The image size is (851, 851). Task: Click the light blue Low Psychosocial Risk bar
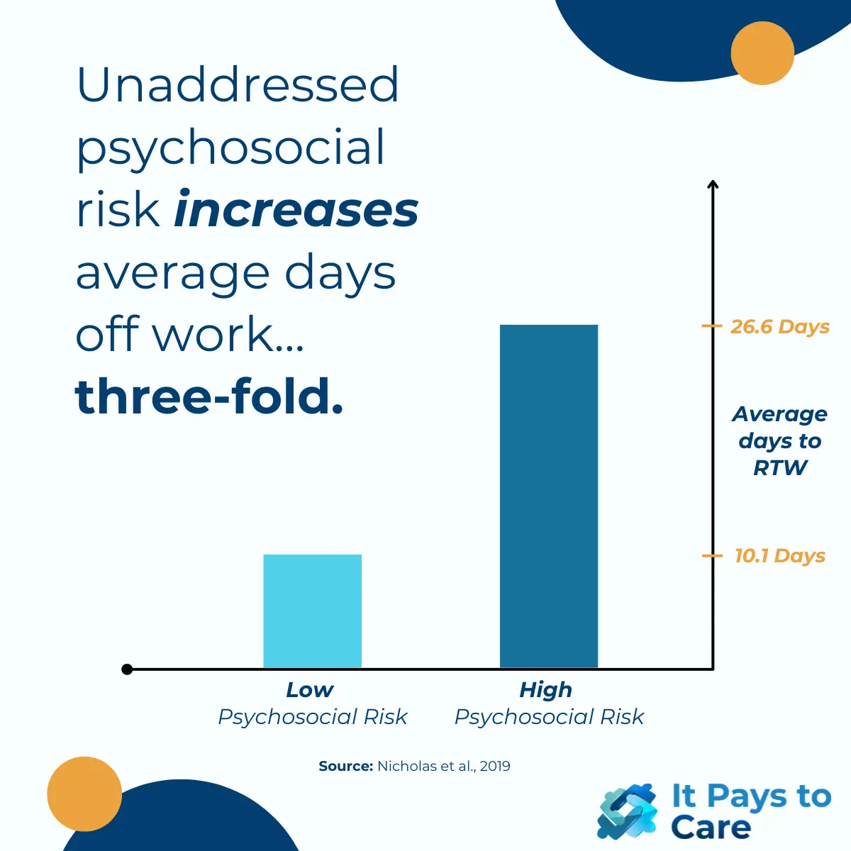pos(312,611)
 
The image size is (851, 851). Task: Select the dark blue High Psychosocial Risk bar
pos(549,496)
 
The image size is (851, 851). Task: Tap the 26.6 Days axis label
pos(779,327)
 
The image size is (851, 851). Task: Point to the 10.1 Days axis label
pos(779,556)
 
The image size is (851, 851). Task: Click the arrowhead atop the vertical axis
pos(713,185)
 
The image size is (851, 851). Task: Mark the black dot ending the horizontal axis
pos(127,669)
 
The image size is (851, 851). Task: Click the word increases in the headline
pos(296,210)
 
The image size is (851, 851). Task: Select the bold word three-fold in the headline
pos(208,396)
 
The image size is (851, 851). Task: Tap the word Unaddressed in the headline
pos(238,85)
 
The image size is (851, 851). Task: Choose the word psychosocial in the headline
pos(231,149)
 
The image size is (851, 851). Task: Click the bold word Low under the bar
pos(309,689)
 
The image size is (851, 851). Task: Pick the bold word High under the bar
pos(545,689)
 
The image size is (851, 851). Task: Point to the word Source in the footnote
pos(345,766)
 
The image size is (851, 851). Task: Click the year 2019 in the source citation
pos(494,766)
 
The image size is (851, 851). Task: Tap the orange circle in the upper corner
pos(762,53)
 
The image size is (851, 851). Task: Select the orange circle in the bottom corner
pos(84,794)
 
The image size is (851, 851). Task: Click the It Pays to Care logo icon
pos(627,812)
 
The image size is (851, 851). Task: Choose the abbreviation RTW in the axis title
pos(780,468)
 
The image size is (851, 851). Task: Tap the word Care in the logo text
pos(711,827)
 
